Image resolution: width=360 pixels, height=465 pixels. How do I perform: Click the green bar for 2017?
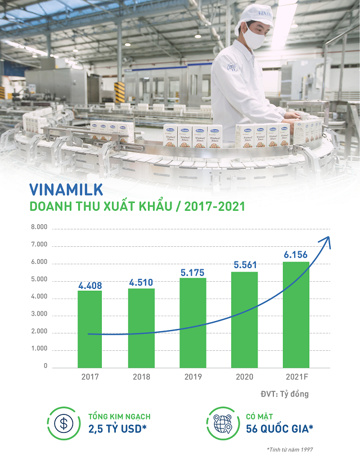(x=90, y=329)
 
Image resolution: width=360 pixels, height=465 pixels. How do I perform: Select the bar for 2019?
(x=192, y=323)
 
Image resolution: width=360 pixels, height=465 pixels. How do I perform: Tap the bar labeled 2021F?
(x=296, y=314)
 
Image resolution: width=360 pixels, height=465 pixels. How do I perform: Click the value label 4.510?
(x=141, y=282)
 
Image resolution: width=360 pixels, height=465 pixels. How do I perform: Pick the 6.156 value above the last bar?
(x=296, y=255)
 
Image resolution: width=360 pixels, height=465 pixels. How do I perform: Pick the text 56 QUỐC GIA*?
(x=280, y=430)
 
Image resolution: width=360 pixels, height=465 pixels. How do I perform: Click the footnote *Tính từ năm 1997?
(x=290, y=449)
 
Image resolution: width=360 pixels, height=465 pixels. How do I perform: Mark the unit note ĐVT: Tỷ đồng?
(x=284, y=394)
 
